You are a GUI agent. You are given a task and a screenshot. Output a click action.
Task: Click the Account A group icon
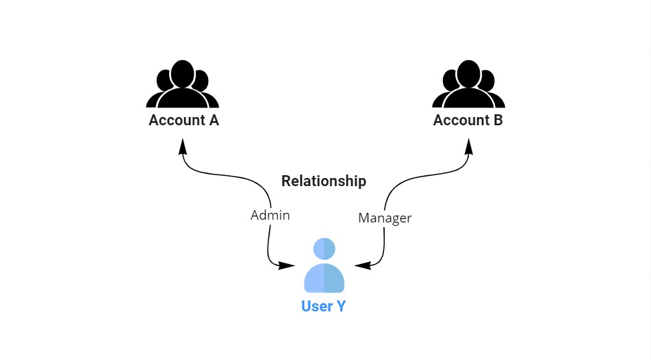183,85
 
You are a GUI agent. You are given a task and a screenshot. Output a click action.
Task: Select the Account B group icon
468,85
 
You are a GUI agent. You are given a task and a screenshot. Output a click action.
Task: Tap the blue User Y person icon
324,266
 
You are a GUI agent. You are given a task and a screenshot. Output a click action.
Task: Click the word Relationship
324,181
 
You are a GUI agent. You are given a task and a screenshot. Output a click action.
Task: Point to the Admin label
270,216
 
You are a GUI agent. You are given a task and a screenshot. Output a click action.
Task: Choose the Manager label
385,218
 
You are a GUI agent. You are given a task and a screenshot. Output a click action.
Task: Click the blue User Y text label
324,306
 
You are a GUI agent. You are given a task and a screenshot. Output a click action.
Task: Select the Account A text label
183,120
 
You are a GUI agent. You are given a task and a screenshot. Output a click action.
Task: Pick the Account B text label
468,120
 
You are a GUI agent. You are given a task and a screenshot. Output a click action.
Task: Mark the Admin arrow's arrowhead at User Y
288,265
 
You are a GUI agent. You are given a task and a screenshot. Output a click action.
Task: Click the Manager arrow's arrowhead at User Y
361,265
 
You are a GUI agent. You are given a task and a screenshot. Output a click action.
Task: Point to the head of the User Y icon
324,248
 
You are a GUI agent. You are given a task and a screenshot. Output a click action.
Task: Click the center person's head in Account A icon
183,73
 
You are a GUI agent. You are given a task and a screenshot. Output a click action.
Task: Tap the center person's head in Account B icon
468,73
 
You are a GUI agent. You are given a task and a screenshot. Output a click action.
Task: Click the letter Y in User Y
340,306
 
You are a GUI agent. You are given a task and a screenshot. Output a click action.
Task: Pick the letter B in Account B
498,120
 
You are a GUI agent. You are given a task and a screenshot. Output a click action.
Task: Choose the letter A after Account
213,120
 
